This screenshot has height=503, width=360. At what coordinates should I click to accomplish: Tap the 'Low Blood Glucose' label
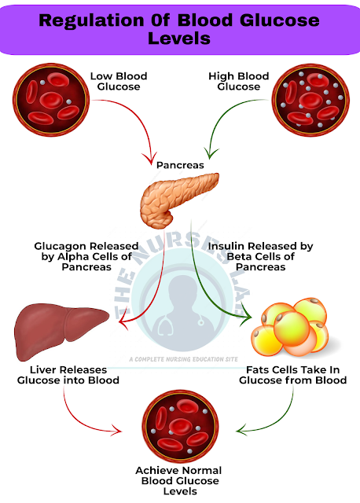[x=118, y=82]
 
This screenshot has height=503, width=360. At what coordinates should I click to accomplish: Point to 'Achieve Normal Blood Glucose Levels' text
[x=180, y=480]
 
